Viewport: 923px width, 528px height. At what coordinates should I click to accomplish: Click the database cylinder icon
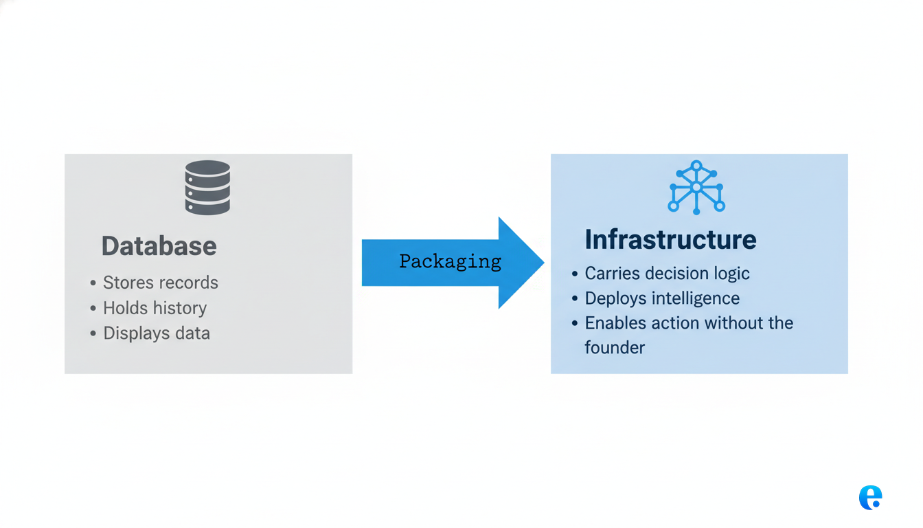tap(207, 187)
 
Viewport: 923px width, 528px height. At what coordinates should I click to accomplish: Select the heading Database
tap(159, 246)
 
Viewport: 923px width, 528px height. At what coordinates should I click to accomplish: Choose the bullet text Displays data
tap(157, 333)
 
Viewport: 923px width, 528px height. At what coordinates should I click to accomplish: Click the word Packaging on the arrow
tap(450, 261)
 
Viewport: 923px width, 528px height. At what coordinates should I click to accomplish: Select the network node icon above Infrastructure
tap(696, 187)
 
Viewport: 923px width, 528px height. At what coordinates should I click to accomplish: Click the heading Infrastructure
tap(670, 239)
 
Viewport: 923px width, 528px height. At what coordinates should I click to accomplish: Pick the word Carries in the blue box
tap(611, 273)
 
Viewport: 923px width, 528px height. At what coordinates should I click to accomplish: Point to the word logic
tap(731, 273)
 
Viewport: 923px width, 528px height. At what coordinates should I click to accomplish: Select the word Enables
tap(611, 323)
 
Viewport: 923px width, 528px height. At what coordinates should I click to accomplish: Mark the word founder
tap(615, 348)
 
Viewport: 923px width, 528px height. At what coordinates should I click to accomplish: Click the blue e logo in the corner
tap(870, 498)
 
